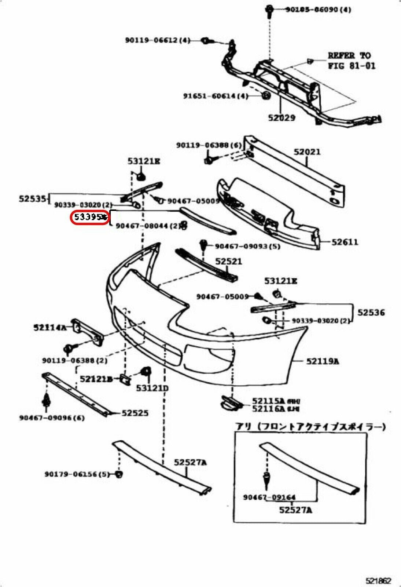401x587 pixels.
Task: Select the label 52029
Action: [x=282, y=118]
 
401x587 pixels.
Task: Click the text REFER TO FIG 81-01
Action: [x=351, y=61]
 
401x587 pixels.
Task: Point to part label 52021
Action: [x=307, y=152]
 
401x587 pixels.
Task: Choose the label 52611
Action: [x=345, y=242]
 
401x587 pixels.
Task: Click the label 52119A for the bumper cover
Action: [x=323, y=361]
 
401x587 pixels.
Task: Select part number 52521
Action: [x=228, y=261]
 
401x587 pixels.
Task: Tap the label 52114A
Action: [x=50, y=327]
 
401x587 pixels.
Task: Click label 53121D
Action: [x=152, y=388]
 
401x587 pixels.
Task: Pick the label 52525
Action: [x=135, y=413]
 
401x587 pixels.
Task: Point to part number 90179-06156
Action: [x=77, y=474]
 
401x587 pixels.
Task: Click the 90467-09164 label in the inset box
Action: [x=269, y=497]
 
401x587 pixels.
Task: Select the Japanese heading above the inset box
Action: [x=310, y=427]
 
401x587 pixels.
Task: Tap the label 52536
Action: [x=371, y=313]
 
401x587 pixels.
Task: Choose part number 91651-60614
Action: [x=216, y=96]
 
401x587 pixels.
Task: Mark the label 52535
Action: [x=32, y=199]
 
